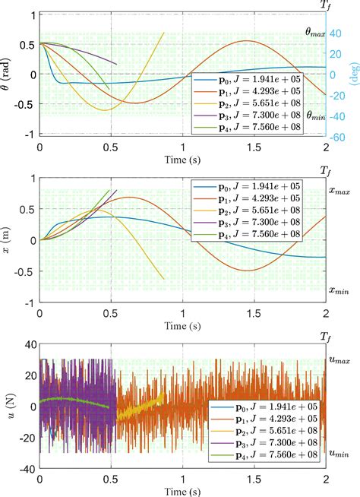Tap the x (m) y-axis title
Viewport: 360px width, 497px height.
pos(7,239)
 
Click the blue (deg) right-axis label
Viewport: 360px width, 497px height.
pos(353,74)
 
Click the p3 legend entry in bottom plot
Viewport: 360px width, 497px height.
pos(242,441)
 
